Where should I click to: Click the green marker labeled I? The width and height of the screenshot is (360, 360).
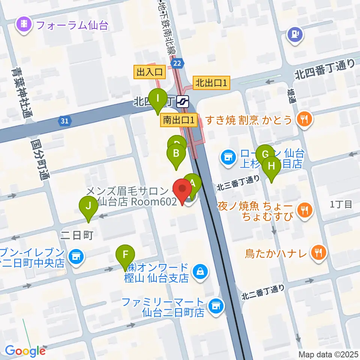[158, 99]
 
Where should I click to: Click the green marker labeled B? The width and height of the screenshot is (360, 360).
[175, 154]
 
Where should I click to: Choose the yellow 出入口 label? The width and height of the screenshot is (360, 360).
[149, 72]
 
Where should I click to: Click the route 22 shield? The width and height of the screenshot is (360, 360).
[178, 64]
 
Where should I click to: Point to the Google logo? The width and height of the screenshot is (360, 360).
[25, 351]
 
